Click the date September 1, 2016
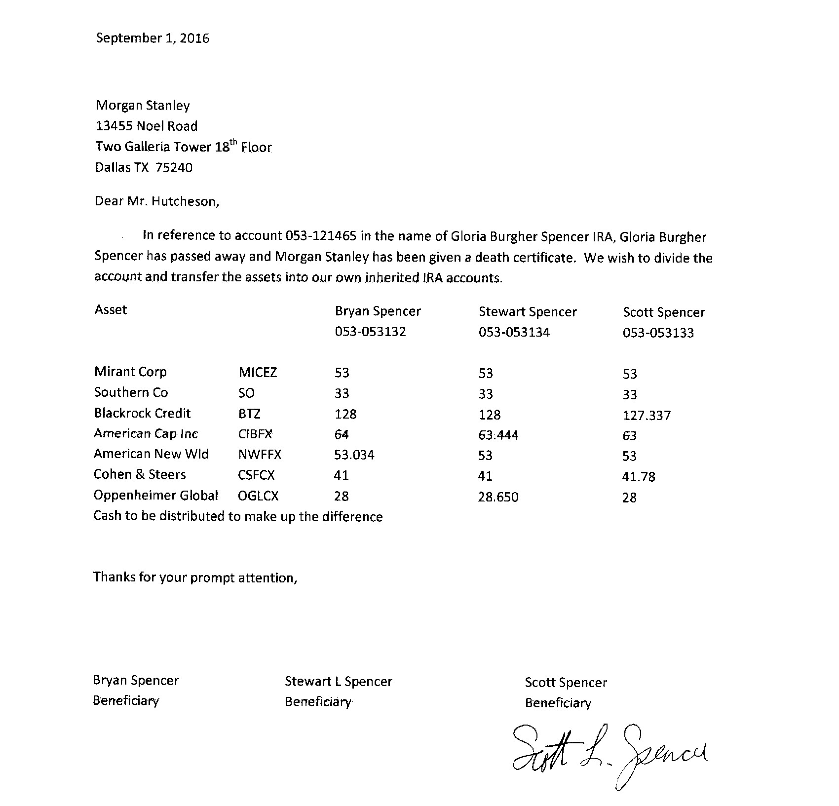tap(153, 38)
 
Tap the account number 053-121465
tap(321, 236)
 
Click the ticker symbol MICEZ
tap(257, 372)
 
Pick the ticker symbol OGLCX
tap(258, 496)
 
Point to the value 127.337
tap(647, 416)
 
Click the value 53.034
tap(354, 455)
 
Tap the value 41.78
tap(639, 477)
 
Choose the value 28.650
tap(498, 497)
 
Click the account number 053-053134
tap(514, 332)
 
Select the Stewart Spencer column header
tap(528, 312)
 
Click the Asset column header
tap(111, 310)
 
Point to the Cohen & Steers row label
tap(140, 475)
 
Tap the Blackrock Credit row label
tap(142, 413)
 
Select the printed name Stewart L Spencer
tap(338, 682)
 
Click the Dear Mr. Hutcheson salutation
tap(156, 201)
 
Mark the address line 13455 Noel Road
tap(146, 126)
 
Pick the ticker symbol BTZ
tap(249, 414)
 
